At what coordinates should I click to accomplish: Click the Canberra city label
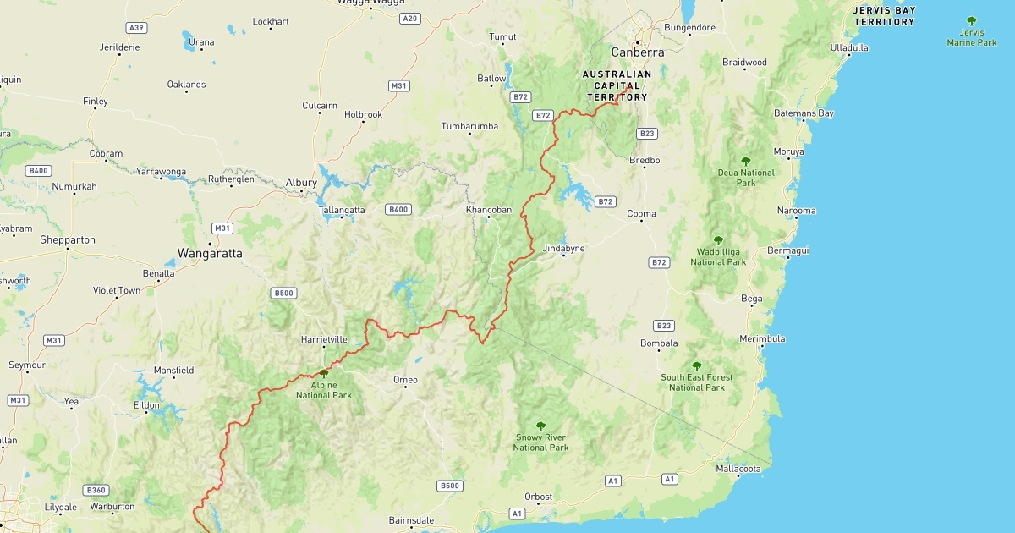[638, 52]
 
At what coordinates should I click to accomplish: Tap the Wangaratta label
[210, 253]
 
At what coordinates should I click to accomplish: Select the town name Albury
[301, 183]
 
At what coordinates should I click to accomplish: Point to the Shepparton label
[68, 240]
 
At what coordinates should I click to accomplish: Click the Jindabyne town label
[563, 249]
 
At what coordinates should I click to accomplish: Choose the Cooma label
[641, 214]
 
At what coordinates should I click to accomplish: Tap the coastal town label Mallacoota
[738, 469]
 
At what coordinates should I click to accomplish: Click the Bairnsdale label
[411, 520]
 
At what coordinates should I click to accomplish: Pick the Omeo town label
[405, 381]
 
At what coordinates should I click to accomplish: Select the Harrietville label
[324, 340]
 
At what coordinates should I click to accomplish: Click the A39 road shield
[135, 28]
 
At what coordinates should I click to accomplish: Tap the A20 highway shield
[410, 19]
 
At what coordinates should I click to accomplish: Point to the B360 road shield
[96, 490]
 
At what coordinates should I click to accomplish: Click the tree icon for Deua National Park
[745, 161]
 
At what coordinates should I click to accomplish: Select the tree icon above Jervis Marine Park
[971, 21]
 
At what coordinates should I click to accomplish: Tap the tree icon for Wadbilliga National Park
[718, 240]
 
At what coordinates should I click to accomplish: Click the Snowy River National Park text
[540, 442]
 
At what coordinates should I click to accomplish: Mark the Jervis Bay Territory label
[884, 16]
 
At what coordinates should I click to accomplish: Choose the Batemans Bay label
[804, 113]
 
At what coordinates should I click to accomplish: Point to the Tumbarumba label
[469, 127]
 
